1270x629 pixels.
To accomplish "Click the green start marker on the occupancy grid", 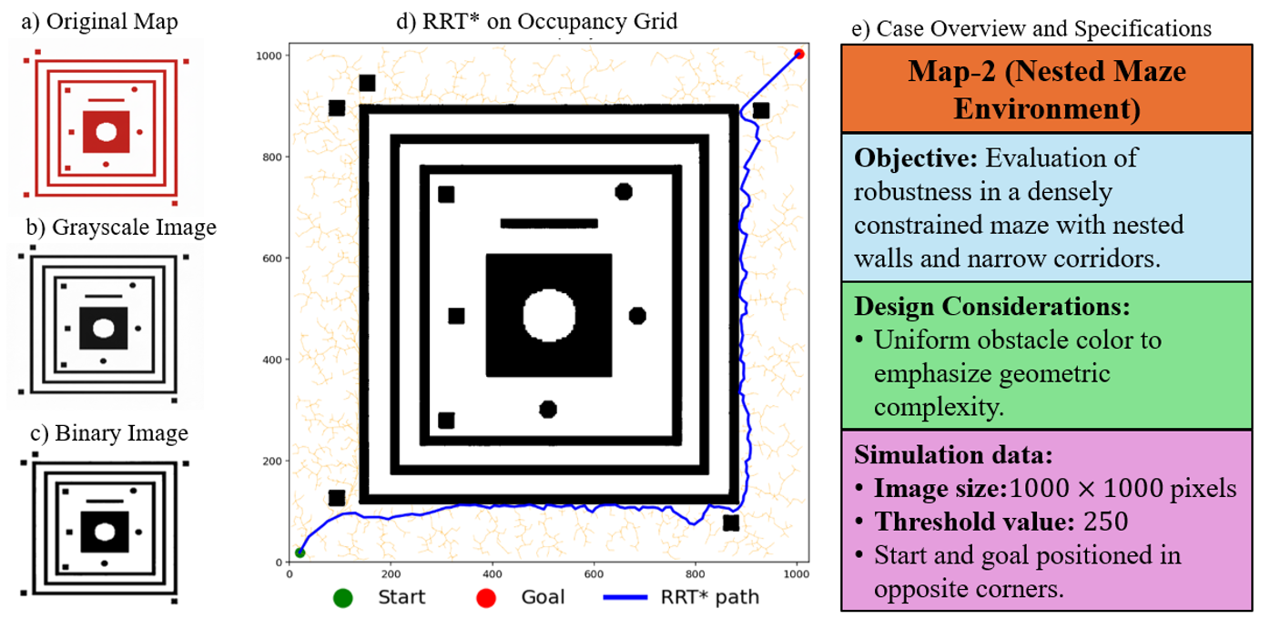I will click(x=300, y=553).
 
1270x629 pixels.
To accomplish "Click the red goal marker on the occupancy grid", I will click(x=798, y=54).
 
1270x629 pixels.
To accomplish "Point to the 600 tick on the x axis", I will click(x=594, y=574).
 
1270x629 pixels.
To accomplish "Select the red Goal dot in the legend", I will click(x=485, y=597).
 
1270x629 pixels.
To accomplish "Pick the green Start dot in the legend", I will click(x=342, y=597).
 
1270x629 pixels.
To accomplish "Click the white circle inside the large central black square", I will click(x=549, y=315).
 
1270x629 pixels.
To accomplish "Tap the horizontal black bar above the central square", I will click(x=549, y=223).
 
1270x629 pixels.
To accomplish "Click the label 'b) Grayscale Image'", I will click(x=112, y=226).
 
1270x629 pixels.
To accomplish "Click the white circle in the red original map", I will click(x=106, y=131).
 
